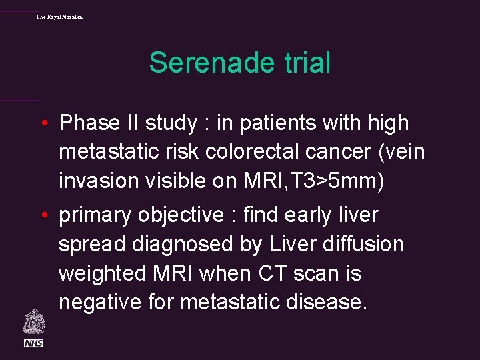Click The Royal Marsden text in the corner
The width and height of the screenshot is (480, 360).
[x=59, y=17]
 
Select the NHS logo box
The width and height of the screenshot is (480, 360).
[x=33, y=343]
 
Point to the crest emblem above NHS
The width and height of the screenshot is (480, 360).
[x=33, y=321]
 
